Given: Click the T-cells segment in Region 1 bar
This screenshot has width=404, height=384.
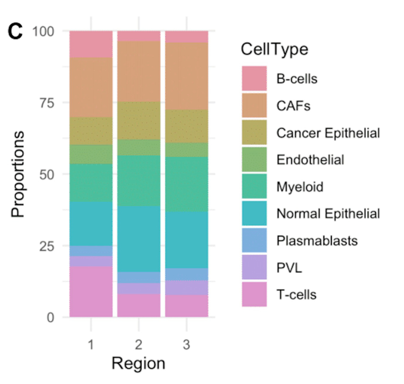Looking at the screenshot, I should [x=91, y=291].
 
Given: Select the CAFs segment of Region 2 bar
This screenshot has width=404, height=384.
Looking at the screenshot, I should [x=139, y=71].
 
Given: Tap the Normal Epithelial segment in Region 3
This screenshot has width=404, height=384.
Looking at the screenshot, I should [x=187, y=240].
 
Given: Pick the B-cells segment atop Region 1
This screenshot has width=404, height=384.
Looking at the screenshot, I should [x=91, y=44].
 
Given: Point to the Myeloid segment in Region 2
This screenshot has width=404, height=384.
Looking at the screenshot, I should [x=139, y=181].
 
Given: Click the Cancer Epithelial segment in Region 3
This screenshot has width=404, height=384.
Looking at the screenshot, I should [x=187, y=126].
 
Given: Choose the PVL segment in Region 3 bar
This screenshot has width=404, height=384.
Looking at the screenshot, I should [x=187, y=288].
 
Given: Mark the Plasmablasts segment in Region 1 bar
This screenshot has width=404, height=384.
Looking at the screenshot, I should [x=91, y=251].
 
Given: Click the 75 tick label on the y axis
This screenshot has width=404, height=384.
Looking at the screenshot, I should [x=46, y=103].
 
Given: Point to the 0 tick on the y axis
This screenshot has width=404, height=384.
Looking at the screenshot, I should [x=50, y=317].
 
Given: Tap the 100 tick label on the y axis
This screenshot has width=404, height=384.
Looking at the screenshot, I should [x=43, y=31].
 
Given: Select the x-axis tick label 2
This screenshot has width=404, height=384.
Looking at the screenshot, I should [x=139, y=345].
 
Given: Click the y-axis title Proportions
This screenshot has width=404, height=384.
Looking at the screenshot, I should [x=18, y=174].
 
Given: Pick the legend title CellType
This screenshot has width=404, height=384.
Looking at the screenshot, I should [x=274, y=49].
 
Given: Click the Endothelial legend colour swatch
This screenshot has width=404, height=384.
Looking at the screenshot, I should [x=254, y=159].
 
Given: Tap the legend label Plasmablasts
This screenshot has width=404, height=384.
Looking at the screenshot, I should [x=317, y=241].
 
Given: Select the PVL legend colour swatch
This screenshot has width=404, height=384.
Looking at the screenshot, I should [x=254, y=267].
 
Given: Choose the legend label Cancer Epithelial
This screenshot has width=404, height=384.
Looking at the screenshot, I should [x=328, y=133].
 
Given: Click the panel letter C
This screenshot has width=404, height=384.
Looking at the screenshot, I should [x=15, y=31].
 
